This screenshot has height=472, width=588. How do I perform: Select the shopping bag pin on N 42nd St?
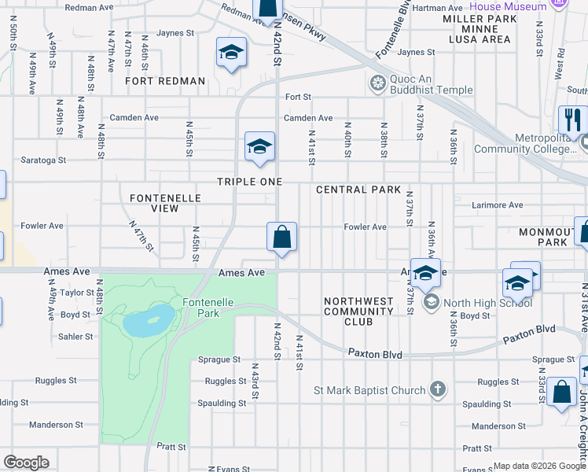[281, 238]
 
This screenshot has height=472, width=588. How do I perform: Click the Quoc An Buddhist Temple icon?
[378, 83]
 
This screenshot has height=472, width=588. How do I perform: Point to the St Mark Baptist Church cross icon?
[438, 389]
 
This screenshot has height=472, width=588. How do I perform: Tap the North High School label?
[487, 303]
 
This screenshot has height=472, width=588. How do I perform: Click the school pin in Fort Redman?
[230, 53]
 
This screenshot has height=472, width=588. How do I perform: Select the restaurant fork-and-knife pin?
[571, 120]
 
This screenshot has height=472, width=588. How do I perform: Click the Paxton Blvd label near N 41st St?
[376, 355]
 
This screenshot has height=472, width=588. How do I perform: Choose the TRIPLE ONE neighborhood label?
[248, 182]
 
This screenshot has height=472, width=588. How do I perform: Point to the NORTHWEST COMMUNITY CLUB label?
[358, 312]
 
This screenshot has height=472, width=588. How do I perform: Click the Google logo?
[26, 463]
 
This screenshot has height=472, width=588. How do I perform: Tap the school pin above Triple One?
[259, 146]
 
